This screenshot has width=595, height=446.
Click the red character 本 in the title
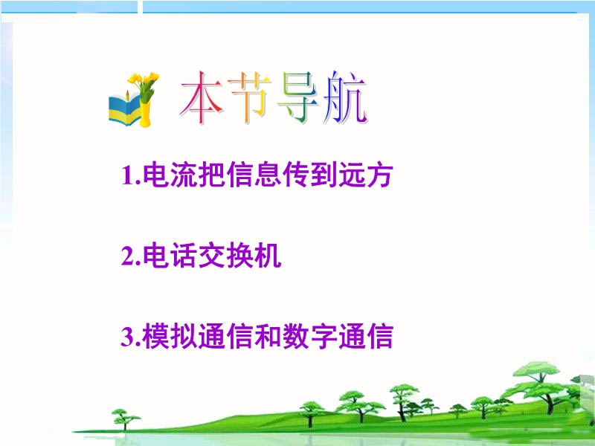201,98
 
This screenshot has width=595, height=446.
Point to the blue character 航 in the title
345,98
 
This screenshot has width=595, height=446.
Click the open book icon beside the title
124,110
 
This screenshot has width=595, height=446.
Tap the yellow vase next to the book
145,113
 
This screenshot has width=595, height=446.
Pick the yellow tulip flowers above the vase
144,82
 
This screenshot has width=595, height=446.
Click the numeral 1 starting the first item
127,175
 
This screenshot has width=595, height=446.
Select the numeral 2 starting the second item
128,256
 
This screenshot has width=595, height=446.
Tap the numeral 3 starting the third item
128,336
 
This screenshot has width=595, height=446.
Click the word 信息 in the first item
254,175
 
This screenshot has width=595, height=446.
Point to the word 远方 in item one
365,175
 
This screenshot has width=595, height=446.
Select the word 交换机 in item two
239,256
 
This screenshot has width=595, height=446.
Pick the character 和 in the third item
268,336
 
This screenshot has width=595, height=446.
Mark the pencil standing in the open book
128,96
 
